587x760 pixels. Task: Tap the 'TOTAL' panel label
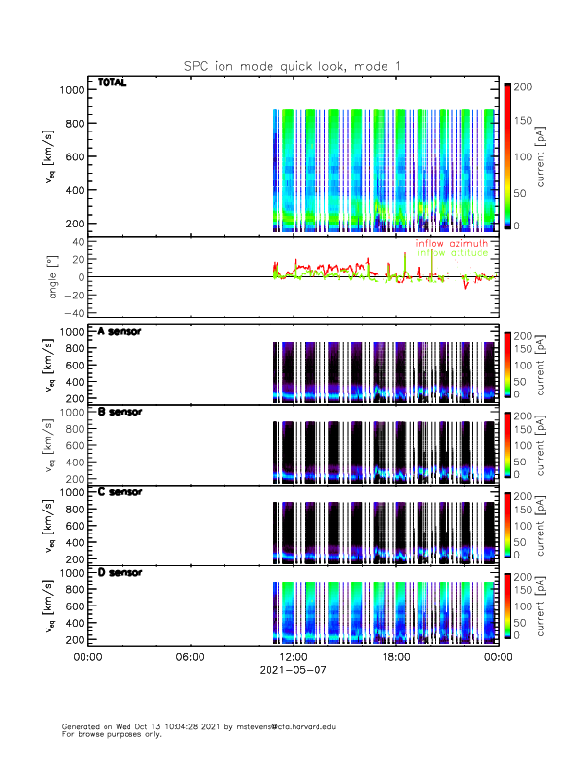point(112,83)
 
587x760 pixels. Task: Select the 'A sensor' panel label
point(120,332)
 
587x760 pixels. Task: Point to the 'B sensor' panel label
point(120,412)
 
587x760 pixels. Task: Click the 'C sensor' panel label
point(120,491)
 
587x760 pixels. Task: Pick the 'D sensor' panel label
point(120,572)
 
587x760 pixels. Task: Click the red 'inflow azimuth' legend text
point(452,244)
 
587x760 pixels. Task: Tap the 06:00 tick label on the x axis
point(190,657)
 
